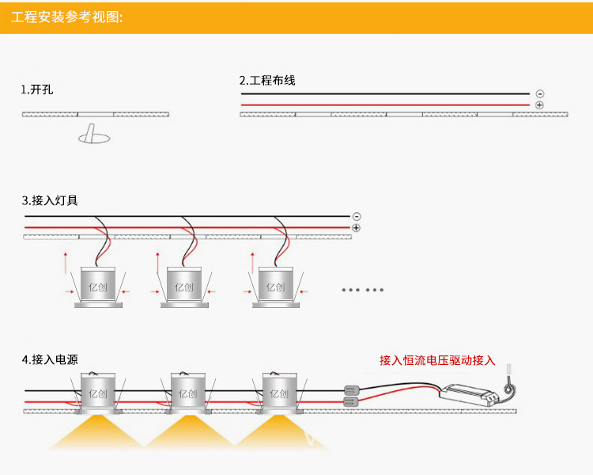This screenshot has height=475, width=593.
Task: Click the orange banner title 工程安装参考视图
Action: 67,17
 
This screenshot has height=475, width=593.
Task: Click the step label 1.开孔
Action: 36,89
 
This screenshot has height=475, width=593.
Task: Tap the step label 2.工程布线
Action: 267,81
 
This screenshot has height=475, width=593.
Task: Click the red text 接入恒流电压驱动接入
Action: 437,361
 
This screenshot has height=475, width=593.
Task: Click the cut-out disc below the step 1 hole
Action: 94,138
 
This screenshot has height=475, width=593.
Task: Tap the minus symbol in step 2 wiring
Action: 539,93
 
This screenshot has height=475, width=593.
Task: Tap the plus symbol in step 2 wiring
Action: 539,105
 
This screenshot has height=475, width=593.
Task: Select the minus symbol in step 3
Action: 357,216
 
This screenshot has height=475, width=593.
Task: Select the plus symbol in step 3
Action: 357,228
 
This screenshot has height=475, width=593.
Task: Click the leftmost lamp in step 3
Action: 98,287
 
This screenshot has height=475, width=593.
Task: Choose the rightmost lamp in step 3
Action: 275,287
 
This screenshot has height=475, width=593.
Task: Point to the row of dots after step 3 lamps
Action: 363,290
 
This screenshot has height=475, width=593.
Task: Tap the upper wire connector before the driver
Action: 351,389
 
